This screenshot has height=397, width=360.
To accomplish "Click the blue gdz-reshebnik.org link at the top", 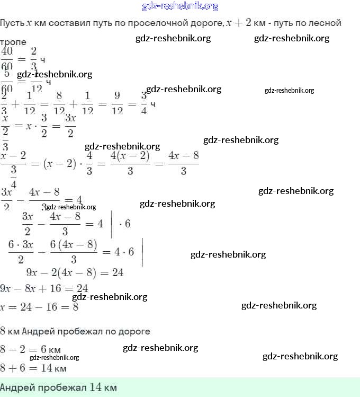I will [180, 6].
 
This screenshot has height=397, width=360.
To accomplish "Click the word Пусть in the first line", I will [12, 23].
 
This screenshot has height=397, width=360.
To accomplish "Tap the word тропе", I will [13, 41].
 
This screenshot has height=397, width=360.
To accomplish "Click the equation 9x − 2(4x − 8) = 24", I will [75, 272].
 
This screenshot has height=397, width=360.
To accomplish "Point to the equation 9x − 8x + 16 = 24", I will [44, 289].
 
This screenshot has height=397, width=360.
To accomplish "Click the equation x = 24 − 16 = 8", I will [40, 307].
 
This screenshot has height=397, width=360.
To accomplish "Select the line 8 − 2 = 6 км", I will [31, 350].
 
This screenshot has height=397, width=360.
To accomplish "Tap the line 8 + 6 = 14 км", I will [33, 368].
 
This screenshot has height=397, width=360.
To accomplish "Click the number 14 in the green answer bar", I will [96, 387].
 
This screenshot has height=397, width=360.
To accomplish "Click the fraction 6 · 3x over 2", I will [21, 251].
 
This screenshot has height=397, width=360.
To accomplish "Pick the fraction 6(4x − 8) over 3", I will [74, 251].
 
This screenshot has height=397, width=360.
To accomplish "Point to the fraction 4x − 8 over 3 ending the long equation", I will [183, 163].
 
